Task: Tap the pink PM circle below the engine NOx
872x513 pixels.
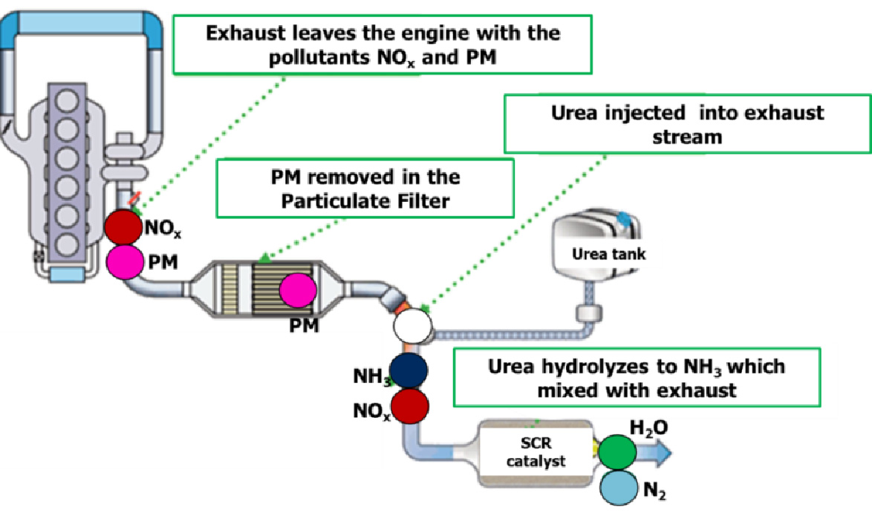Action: [x=125, y=262]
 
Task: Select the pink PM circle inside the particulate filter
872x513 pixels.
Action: [x=298, y=290]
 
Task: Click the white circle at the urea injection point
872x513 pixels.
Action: [x=411, y=325]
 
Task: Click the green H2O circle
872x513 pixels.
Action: [x=617, y=451]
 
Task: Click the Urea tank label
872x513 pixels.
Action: [x=608, y=254]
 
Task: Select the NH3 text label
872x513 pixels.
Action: [x=373, y=377]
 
